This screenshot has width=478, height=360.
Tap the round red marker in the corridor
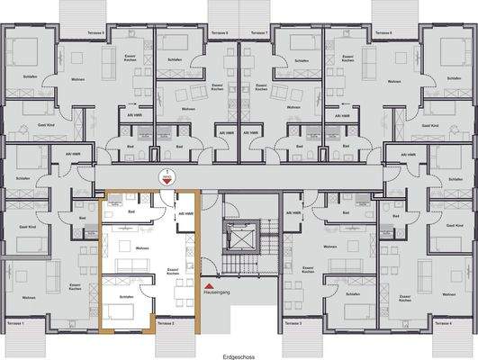[165, 177]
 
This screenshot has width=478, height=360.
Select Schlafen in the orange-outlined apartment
[125, 295]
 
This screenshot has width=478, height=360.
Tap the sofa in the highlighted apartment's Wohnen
[135, 263]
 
